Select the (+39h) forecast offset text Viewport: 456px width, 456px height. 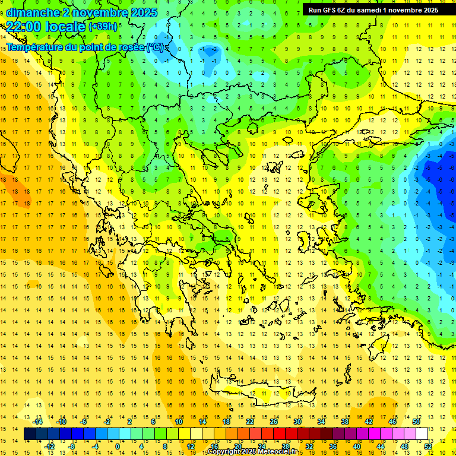pyautogui.click(x=103, y=26)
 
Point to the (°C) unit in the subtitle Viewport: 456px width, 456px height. pyautogui.click(x=156, y=47)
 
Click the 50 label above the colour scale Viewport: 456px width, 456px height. pyautogui.click(x=416, y=421)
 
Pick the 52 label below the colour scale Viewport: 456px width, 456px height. pyautogui.click(x=428, y=446)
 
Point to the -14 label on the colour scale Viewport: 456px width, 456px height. pyautogui.click(x=37, y=421)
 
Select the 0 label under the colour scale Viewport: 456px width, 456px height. pyautogui.click(x=118, y=446)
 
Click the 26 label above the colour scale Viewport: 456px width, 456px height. pyautogui.click(x=274, y=421)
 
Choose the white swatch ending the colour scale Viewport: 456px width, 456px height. pyautogui.click(x=422, y=433)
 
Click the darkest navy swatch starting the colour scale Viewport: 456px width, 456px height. pyautogui.click(x=30, y=433)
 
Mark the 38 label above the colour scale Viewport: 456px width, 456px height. pyautogui.click(x=345, y=421)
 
